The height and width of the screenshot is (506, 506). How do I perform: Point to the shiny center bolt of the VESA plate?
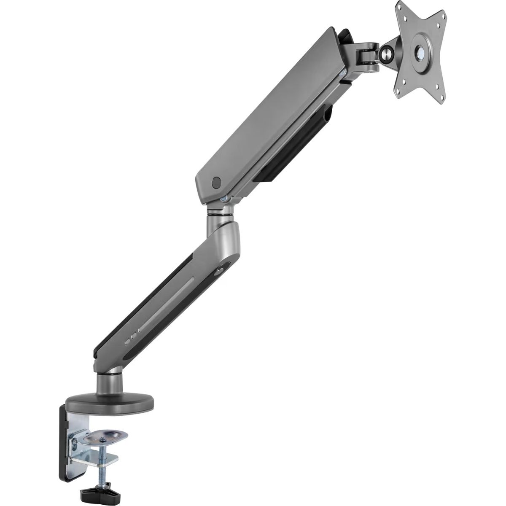pyautogui.click(x=420, y=51)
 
